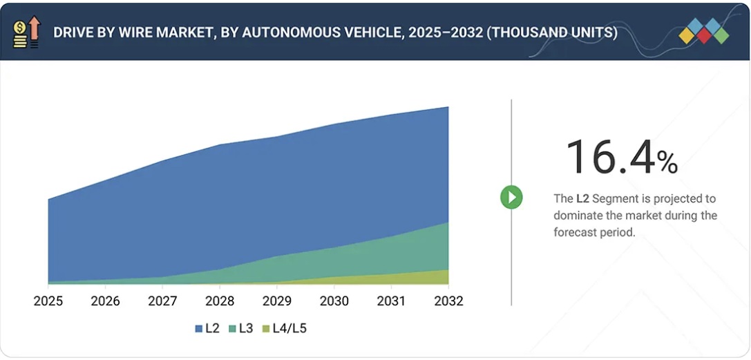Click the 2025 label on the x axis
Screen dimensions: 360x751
point(48,301)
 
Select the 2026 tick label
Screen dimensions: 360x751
point(105,301)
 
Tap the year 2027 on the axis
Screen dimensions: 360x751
point(162,301)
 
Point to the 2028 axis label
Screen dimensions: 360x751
point(220,301)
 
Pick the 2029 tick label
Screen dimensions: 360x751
point(277,301)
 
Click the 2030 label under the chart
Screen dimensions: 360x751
point(334,301)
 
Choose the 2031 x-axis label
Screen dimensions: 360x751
point(391,301)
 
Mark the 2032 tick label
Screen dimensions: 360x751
point(448,301)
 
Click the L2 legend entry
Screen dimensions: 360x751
point(207,328)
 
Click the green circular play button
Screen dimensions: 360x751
point(511,198)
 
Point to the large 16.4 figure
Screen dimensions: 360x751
point(609,157)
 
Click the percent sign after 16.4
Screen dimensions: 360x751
point(667,162)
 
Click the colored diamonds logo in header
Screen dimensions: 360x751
point(703,31)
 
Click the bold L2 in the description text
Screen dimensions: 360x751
point(582,198)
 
